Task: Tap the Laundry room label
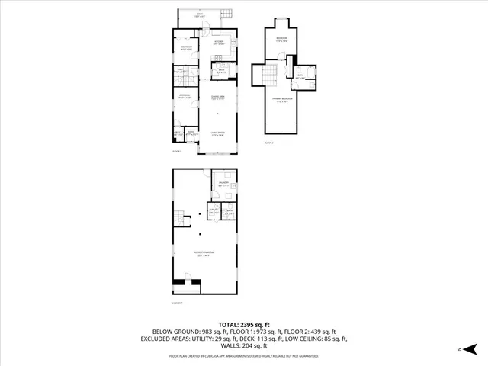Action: [224, 184]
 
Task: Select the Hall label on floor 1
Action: [182, 72]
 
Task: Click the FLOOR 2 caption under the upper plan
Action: [268, 143]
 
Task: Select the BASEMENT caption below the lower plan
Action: [178, 304]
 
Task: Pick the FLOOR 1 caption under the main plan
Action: [177, 152]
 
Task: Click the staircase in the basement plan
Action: [180, 219]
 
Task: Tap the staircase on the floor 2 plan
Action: [268, 77]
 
